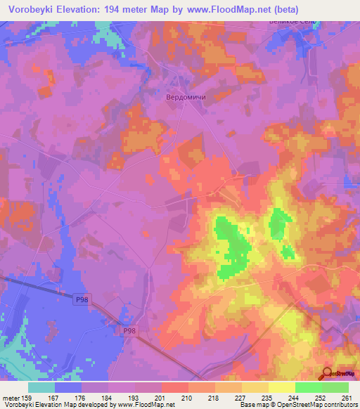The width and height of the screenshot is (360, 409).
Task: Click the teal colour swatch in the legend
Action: [x=41, y=387]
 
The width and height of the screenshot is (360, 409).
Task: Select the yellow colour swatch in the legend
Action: [x=282, y=387]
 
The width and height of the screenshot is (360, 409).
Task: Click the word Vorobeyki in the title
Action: [x=32, y=10]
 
